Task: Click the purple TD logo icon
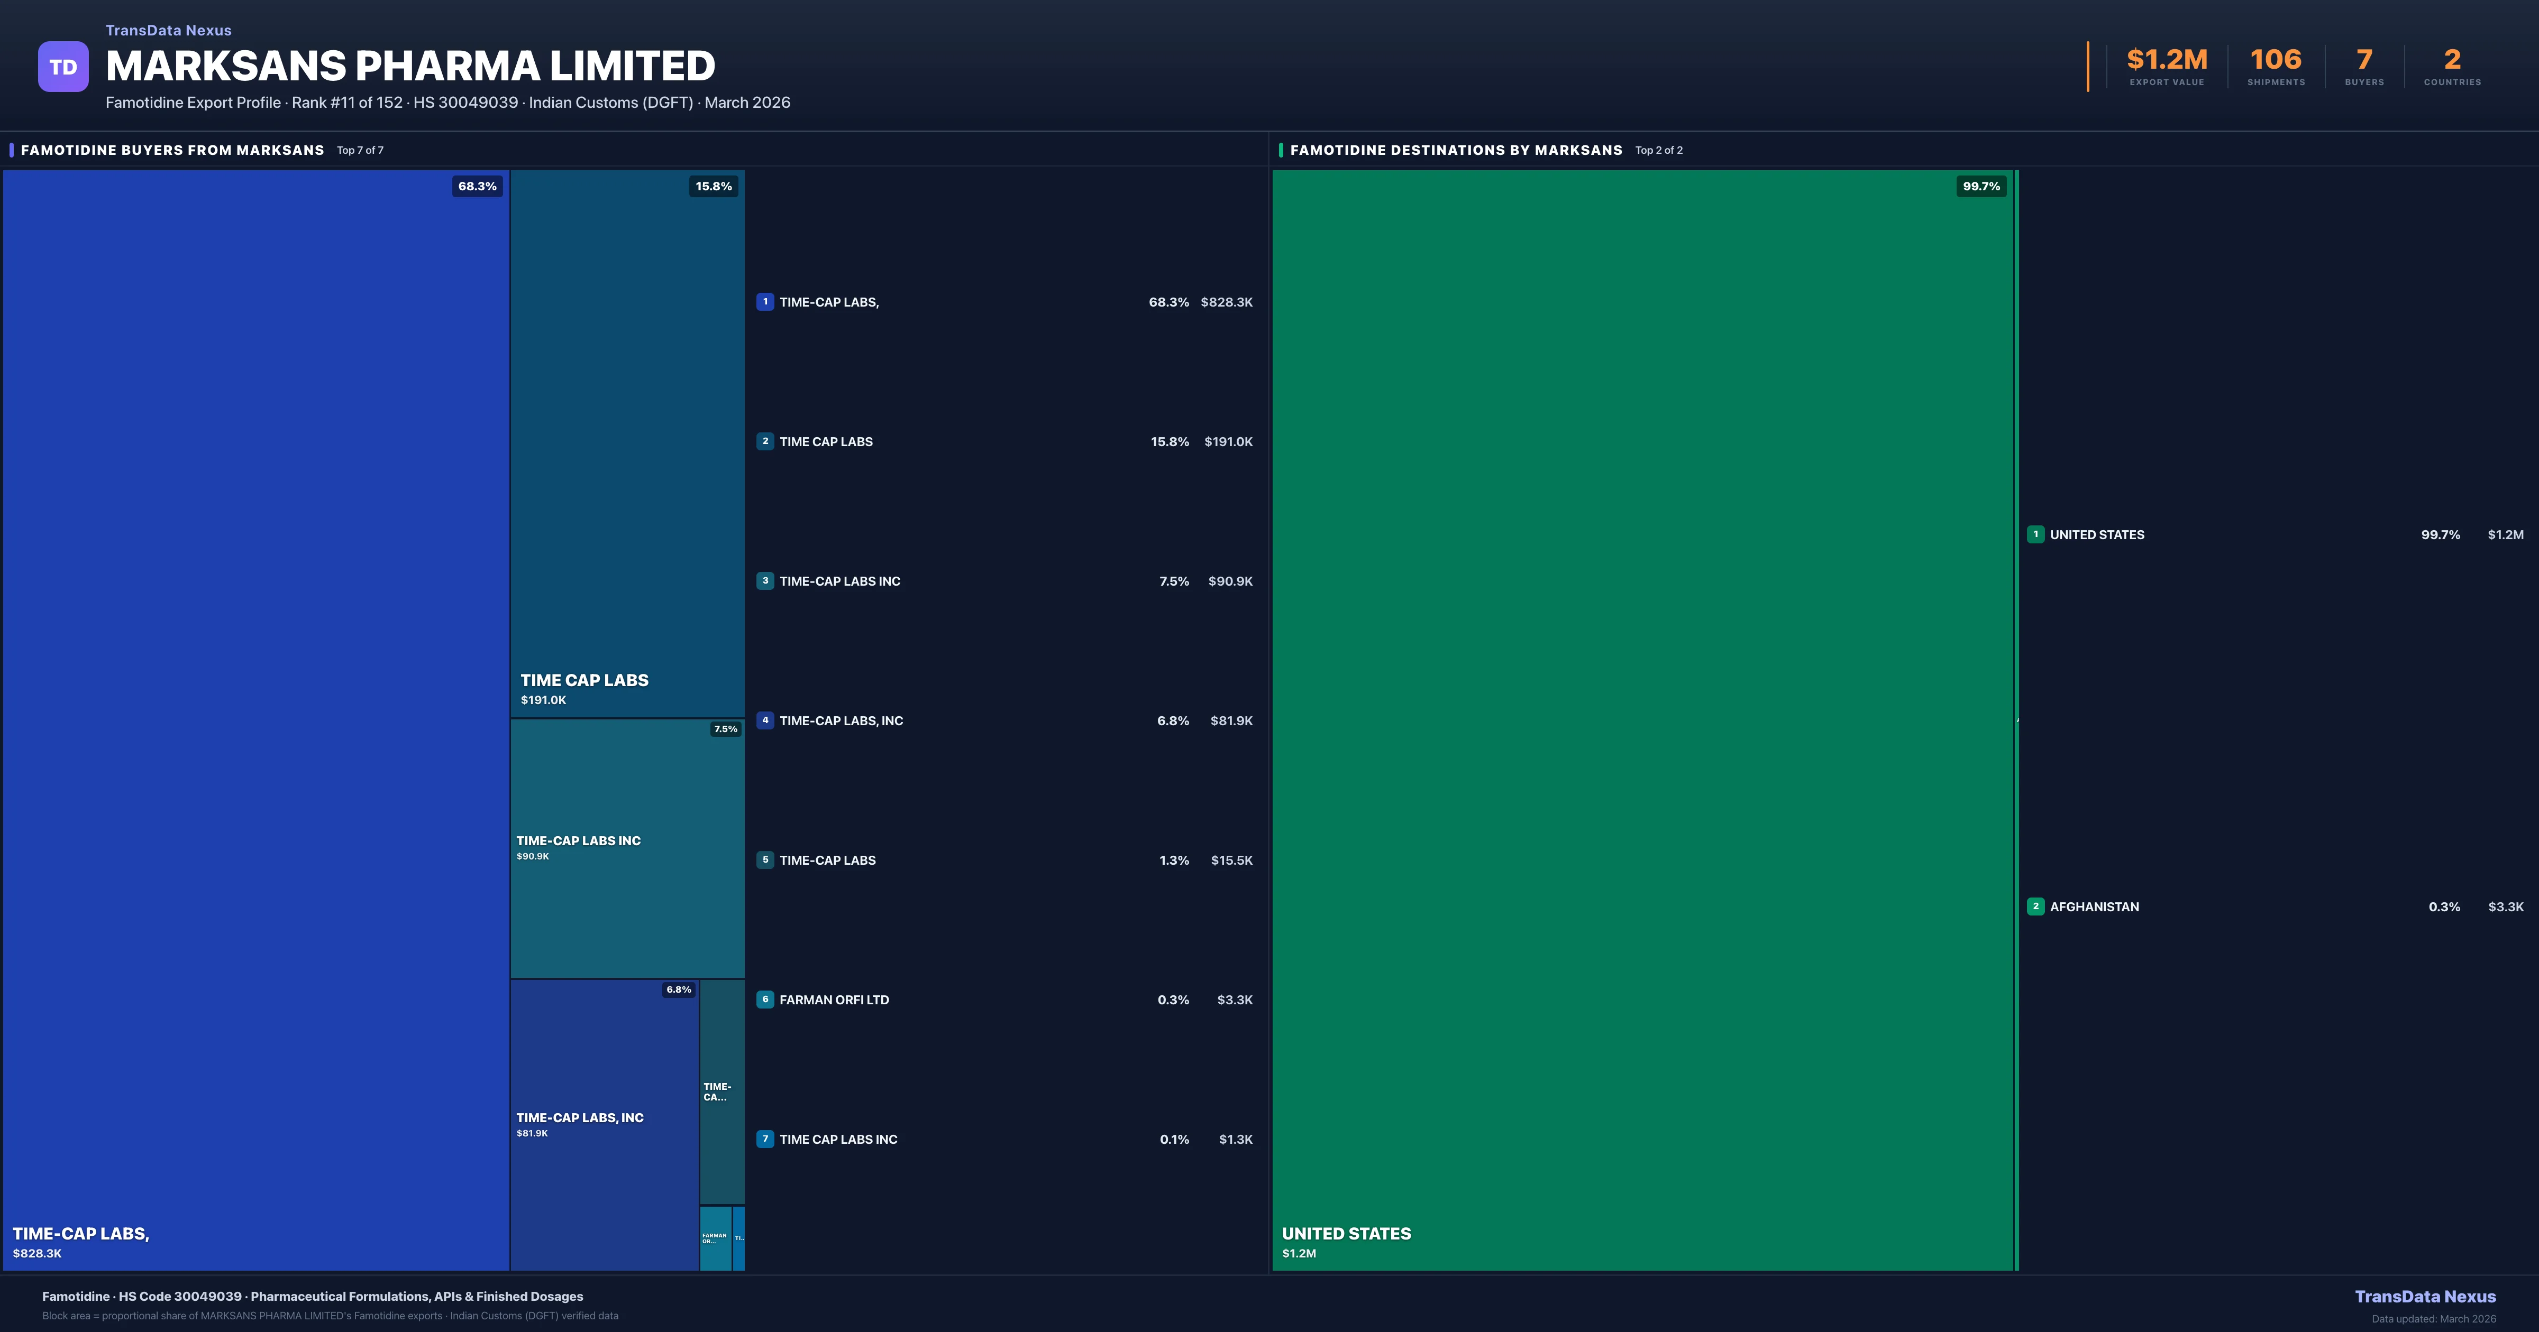63,67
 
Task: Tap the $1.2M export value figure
2167,60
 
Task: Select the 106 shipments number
2275,60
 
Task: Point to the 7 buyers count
2363,60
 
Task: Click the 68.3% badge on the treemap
477,186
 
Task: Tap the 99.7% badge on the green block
1980,186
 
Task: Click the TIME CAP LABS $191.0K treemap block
627,443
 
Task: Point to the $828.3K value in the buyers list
1226,302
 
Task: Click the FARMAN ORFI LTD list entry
834,1000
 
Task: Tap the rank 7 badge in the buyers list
765,1139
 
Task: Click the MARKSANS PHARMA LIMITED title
410,66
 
